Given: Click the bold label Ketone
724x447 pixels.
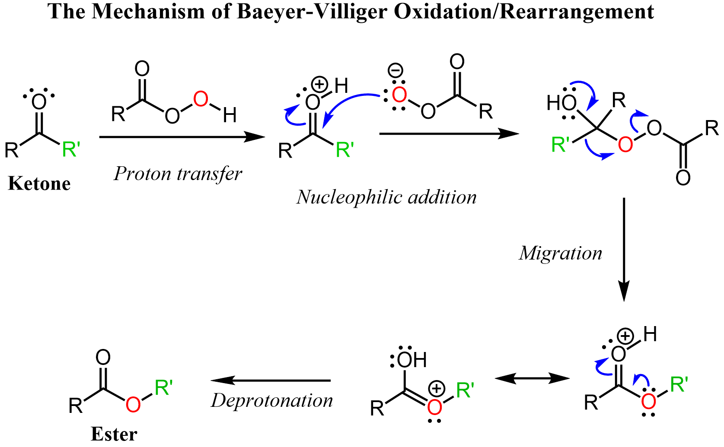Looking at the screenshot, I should [x=39, y=184].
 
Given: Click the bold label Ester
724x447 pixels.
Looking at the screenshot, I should [x=114, y=434].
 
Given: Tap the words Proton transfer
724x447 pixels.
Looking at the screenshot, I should [x=178, y=174].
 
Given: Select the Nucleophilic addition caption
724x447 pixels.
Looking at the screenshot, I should [x=386, y=197].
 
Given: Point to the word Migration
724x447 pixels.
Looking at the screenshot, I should [x=560, y=253].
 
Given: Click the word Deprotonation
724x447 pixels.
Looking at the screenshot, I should [x=272, y=401].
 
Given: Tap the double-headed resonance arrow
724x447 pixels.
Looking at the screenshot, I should [x=532, y=379].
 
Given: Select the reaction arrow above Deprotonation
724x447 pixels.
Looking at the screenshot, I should [x=271, y=380].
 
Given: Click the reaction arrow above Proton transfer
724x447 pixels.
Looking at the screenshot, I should [x=182, y=137].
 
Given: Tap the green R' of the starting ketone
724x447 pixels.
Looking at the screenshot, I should [x=71, y=149].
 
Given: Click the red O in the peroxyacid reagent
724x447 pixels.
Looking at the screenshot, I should [x=201, y=99].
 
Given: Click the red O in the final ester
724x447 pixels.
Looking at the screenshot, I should [x=133, y=405].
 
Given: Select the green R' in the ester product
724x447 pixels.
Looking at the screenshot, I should [x=163, y=387].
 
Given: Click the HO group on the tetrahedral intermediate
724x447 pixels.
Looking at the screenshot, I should [x=561, y=103].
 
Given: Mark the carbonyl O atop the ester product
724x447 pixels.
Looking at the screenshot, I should [x=103, y=357].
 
